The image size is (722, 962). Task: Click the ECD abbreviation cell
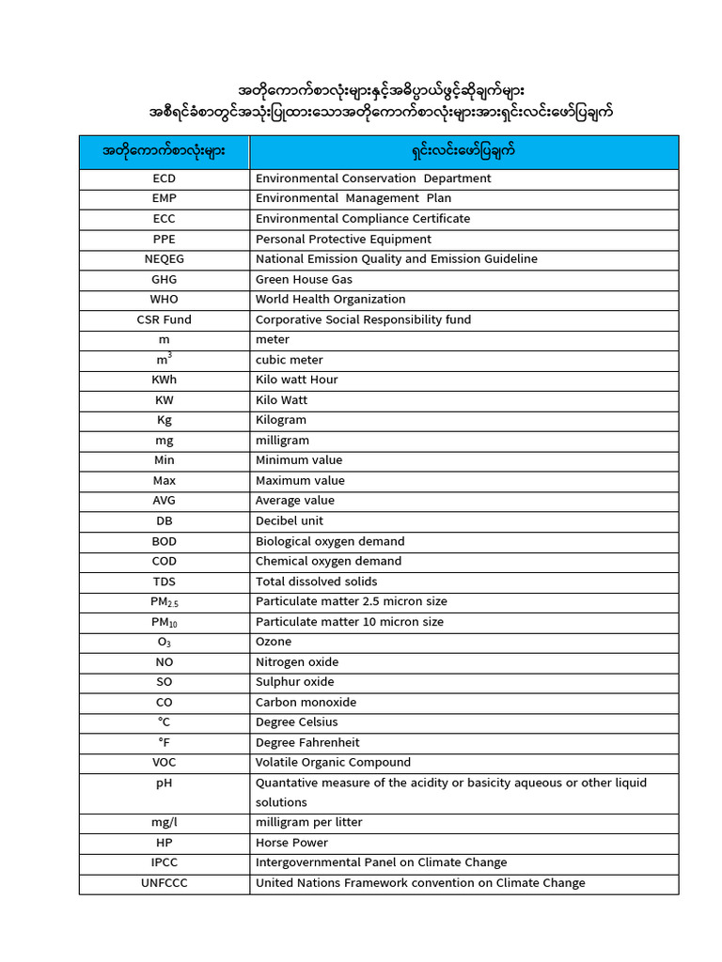tap(164, 178)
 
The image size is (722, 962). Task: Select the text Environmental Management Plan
tap(353, 198)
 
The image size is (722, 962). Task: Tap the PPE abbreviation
tap(164, 239)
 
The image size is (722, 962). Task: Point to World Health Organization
tap(330, 300)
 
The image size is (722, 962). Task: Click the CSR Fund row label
tap(164, 319)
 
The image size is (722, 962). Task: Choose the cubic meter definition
tap(289, 360)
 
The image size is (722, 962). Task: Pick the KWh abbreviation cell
tap(164, 380)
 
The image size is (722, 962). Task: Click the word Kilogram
tap(280, 420)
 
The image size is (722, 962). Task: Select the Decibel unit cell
tap(289, 520)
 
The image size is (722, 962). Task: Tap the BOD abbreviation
tap(164, 541)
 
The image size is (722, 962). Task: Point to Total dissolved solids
tap(316, 582)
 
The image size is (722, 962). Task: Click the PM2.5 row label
tap(164, 602)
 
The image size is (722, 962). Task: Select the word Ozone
tap(274, 642)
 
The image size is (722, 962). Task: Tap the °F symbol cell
tap(164, 742)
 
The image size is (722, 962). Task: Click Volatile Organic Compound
tap(333, 762)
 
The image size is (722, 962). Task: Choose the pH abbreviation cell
tap(164, 783)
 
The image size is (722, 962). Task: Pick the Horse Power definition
tap(291, 843)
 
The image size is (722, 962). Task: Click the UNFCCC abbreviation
tap(164, 883)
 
